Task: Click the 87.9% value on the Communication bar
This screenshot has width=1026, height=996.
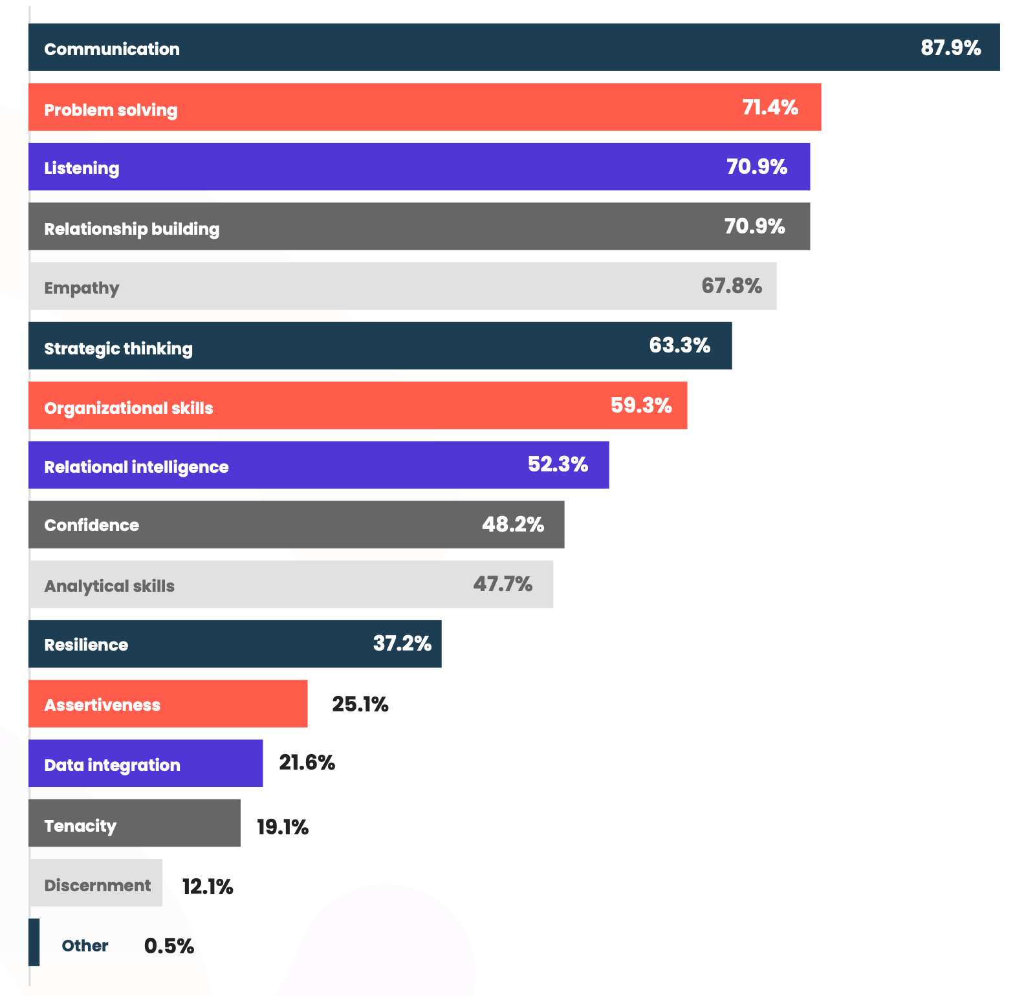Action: (x=950, y=48)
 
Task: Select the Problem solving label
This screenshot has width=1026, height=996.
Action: (x=111, y=110)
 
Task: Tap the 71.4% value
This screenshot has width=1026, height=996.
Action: (x=770, y=107)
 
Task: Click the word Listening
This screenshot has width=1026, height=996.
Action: (x=82, y=168)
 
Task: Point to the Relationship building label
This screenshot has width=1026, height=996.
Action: (x=131, y=229)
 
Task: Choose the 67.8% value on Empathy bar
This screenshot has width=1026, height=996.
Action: (x=732, y=286)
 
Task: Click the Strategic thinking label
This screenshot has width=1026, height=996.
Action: (x=118, y=349)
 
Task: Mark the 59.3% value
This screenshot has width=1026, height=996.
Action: (x=641, y=406)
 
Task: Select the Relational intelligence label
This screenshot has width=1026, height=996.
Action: (x=136, y=467)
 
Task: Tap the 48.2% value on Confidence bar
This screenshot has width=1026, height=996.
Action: (x=512, y=525)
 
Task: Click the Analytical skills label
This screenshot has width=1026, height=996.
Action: (x=109, y=586)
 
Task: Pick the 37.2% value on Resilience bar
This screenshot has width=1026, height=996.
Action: (x=402, y=644)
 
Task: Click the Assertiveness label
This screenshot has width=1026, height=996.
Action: (x=102, y=705)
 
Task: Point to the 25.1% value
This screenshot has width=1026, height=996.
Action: (x=360, y=704)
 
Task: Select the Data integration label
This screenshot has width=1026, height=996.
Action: (x=112, y=765)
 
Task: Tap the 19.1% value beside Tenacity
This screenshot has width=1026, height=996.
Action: (x=282, y=827)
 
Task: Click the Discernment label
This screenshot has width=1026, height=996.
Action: (x=97, y=885)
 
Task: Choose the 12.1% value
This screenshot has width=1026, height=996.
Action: (x=207, y=887)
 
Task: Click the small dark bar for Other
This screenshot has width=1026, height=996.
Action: (x=34, y=942)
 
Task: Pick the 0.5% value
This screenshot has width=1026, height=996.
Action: (x=169, y=946)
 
